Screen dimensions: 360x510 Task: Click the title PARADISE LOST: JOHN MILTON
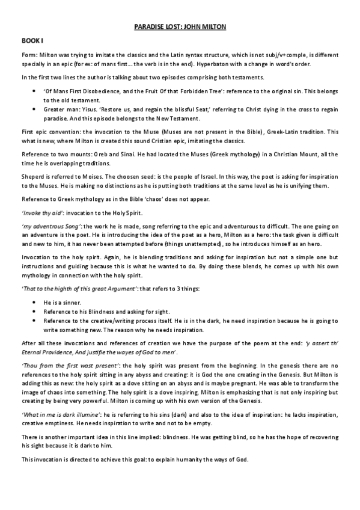[180, 27]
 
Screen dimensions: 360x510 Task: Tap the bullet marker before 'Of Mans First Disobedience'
[34, 90]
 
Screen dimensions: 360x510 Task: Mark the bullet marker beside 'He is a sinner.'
[34, 303]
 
